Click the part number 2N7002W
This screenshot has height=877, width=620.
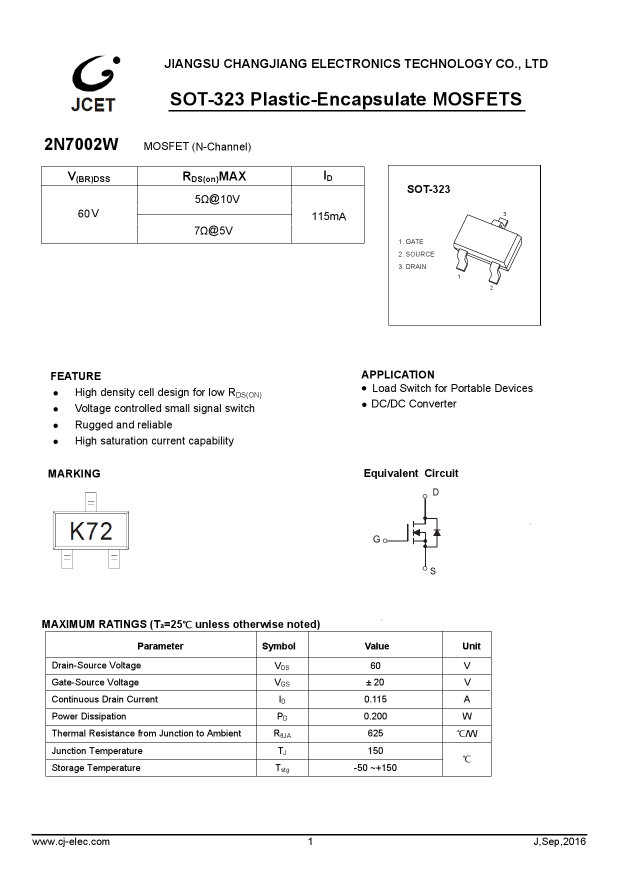[x=81, y=144]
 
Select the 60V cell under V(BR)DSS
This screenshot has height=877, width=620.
[x=88, y=214]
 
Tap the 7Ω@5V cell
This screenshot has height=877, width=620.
[x=213, y=230]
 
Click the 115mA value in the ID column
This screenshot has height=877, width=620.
[x=328, y=216]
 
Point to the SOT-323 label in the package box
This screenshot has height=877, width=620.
[x=428, y=189]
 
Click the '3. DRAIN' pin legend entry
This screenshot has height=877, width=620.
[x=412, y=266]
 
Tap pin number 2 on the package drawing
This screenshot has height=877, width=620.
[x=491, y=288]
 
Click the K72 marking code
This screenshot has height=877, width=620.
[x=91, y=531]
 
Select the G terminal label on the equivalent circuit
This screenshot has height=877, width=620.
[x=376, y=539]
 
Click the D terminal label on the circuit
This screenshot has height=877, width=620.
[x=435, y=492]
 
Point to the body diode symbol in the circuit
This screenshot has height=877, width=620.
[x=436, y=532]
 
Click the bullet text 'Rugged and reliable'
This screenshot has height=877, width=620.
[x=123, y=425]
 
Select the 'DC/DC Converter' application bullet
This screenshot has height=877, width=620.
[x=413, y=404]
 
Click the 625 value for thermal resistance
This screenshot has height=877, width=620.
[x=375, y=733]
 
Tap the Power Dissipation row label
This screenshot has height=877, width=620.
[x=89, y=716]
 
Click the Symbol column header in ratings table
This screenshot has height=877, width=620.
[x=278, y=646]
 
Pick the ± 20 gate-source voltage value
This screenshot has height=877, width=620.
[x=375, y=682]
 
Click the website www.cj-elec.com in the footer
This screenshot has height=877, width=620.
[x=71, y=841]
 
